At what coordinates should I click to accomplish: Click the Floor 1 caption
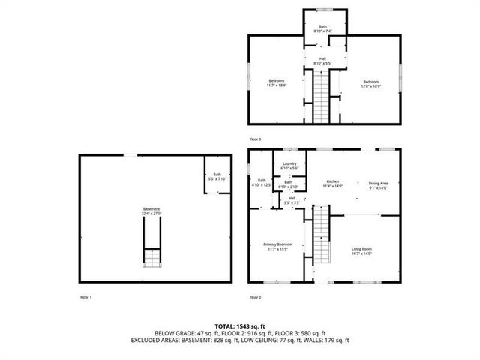pos(86,298)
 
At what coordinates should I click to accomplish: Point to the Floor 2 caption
pos(255,298)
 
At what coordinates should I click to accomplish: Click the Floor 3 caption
pos(256,139)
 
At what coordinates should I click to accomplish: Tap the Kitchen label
pos(333,184)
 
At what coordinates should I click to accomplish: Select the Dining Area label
pos(378,184)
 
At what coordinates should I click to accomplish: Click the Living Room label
pos(362,251)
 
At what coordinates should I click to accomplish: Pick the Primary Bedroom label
pos(277,247)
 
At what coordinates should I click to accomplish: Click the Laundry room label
pos(289,166)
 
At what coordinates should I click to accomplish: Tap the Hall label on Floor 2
pos(292,200)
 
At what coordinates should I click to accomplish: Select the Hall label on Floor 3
pos(322,61)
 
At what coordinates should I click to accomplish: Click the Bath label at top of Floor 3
pos(322,28)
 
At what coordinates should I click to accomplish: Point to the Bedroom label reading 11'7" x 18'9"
pos(277,82)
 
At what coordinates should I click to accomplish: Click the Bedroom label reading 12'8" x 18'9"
pos(372,83)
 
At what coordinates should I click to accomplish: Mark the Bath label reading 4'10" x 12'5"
pos(262,182)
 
